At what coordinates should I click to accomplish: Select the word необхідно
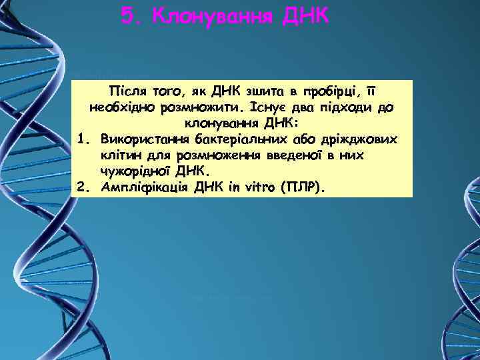(x=119, y=107)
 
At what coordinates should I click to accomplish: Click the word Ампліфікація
(x=141, y=187)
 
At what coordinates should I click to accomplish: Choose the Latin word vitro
(x=253, y=187)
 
